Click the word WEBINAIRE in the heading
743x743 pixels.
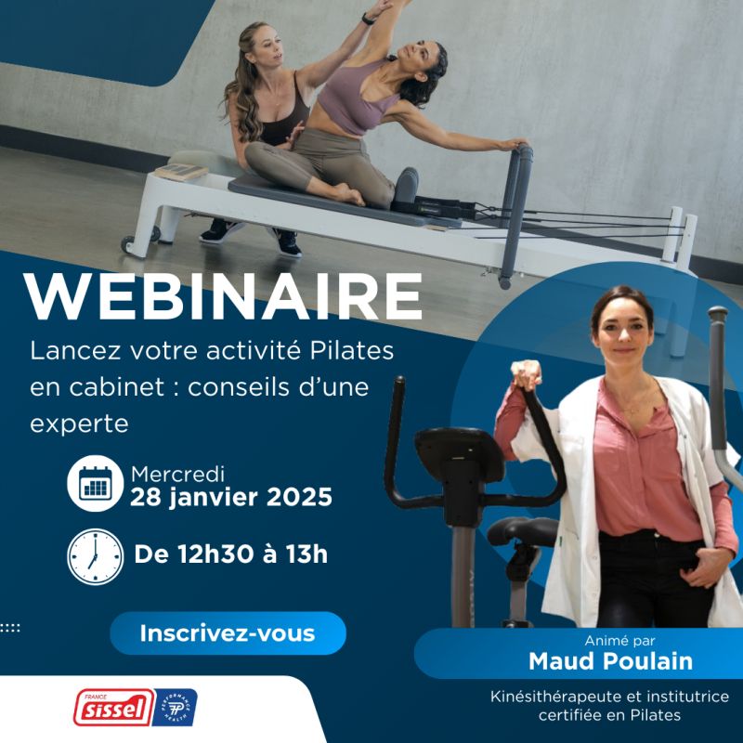click(223, 296)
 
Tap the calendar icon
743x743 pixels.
click(95, 485)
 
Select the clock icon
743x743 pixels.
click(95, 556)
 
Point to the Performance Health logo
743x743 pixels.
click(175, 708)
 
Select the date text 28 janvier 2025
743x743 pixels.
click(231, 497)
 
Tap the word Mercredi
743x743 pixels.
click(178, 474)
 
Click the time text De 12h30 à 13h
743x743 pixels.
click(231, 554)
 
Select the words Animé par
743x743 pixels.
click(598, 641)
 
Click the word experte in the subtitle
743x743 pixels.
click(78, 424)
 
